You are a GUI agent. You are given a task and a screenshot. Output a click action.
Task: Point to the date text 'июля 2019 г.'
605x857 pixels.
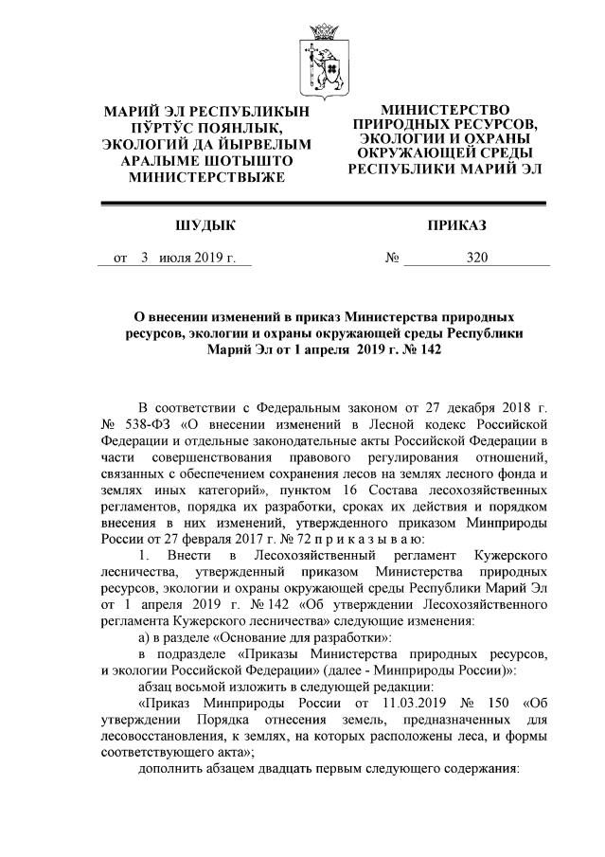197,258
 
